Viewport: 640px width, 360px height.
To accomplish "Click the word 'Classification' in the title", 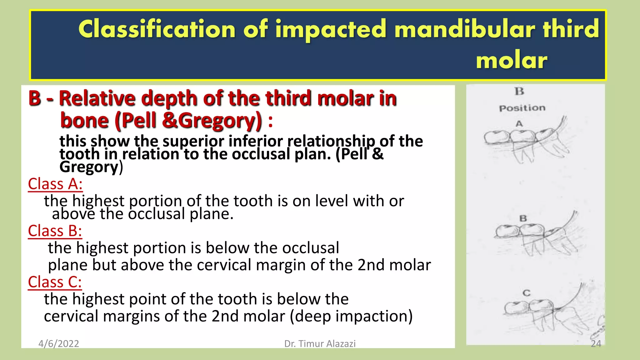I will pos(157,29).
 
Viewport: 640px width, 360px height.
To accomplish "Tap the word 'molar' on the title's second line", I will pos(512,60).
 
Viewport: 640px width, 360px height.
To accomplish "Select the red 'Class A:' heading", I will pos(55,184).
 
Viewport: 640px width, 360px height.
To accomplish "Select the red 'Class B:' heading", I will pos(55,231).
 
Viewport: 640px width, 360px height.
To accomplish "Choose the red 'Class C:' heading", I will pos(55,282).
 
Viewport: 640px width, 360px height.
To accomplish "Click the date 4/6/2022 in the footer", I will pos(59,344).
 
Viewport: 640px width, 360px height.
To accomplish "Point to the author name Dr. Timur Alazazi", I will pos(320,344).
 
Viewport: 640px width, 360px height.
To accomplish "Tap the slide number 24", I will pos(596,344).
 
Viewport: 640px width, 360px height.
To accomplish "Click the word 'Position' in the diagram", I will pos(522,108).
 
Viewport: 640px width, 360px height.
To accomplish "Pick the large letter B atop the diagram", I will pos(519,92).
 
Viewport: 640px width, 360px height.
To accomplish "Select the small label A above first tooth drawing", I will pos(519,124).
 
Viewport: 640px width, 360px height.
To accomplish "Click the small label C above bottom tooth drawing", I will pos(527,293).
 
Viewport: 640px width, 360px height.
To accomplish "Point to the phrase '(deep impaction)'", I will pos(351,316).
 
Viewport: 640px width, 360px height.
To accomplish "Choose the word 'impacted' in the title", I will pos(331,29).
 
